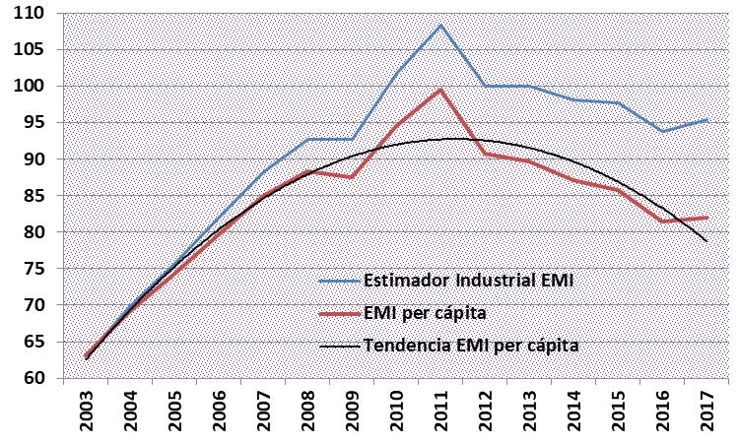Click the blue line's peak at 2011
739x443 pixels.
440,25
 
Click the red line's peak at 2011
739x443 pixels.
440,90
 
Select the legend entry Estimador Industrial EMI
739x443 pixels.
468,281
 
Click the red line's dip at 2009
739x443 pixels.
352,177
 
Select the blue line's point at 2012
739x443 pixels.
485,87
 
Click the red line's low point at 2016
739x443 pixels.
662,221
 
